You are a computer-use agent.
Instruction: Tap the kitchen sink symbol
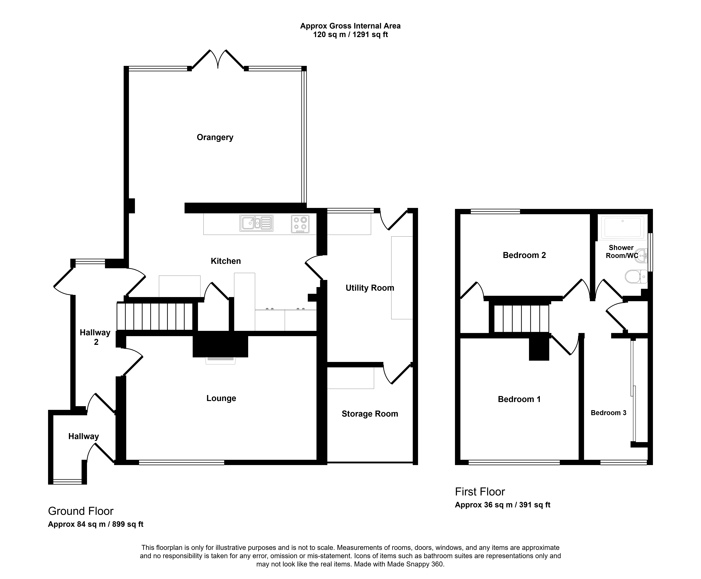click(256, 223)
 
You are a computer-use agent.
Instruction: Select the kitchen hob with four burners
click(300, 224)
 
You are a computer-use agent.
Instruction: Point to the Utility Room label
click(370, 288)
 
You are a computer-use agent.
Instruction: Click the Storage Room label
click(370, 414)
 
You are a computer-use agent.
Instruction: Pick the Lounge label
click(221, 398)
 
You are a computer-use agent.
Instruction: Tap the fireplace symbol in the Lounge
click(220, 360)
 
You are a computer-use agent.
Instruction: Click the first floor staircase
click(521, 319)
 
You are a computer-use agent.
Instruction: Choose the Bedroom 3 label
click(609, 413)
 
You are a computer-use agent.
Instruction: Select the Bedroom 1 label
click(519, 399)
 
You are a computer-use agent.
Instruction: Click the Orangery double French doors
click(218, 60)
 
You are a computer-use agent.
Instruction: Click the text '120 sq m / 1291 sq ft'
click(350, 35)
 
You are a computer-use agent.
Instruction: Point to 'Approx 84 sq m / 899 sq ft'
click(96, 524)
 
